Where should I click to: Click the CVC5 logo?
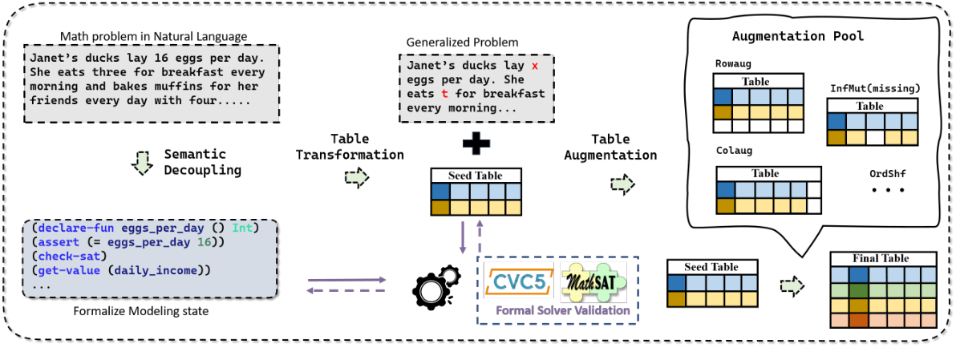(517, 283)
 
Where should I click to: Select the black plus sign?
(476, 145)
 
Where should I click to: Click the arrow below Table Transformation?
(358, 177)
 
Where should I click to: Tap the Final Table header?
(882, 259)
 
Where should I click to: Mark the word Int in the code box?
(242, 229)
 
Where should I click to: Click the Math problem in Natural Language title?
(154, 36)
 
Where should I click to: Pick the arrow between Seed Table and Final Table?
(792, 285)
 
